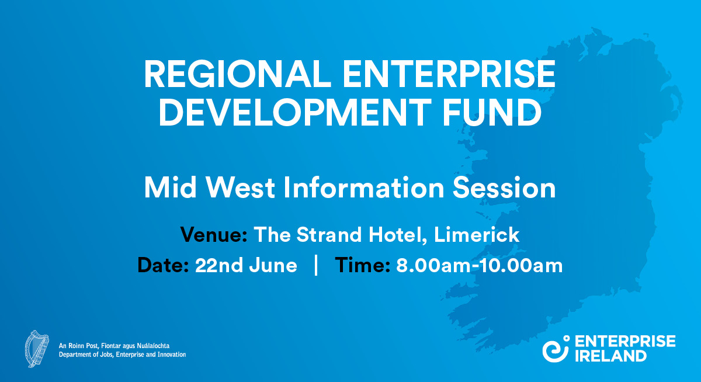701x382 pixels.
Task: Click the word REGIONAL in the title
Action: [x=238, y=74]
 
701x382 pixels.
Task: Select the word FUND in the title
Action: [x=492, y=112]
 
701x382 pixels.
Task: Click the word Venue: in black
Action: [x=214, y=234]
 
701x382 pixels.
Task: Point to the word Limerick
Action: [x=477, y=234]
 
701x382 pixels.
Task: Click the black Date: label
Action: [x=163, y=265]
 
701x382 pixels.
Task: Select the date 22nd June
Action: [x=246, y=265]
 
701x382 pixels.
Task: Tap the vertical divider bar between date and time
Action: [x=316, y=265]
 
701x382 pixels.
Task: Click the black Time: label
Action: [x=362, y=265]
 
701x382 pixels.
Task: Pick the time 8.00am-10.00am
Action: [x=480, y=265]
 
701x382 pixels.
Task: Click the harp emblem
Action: [x=37, y=349]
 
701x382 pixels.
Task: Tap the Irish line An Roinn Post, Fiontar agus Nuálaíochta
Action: [x=114, y=346]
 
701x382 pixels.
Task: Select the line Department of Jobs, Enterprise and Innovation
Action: [x=122, y=355]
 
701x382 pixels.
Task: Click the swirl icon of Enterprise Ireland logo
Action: [x=556, y=349]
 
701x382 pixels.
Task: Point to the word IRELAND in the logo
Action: [x=610, y=356]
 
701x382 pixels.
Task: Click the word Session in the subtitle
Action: [x=504, y=187]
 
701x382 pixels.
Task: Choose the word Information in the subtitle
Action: [x=363, y=187]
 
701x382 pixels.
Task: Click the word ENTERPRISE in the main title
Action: [x=449, y=74]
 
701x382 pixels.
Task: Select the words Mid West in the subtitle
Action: [x=209, y=187]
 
